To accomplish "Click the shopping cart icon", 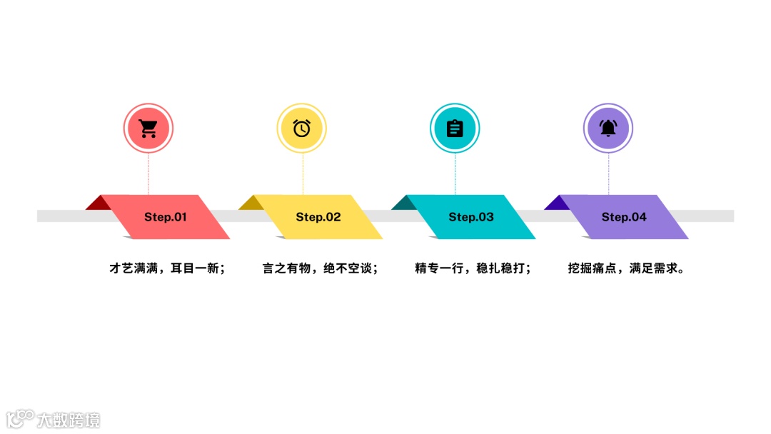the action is pos(148,128).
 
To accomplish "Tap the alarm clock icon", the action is pos(302,128).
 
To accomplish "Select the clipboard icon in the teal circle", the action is pos(455,128).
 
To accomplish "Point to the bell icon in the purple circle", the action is pos(608,128).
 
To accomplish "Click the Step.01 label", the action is pos(165,217).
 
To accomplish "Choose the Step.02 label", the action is pos(318,217).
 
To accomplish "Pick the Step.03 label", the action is pos(471,217).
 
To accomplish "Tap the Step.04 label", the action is pos(624,217).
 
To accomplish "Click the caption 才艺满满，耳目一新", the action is pos(167,269).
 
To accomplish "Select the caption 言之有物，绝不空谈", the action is pos(320,269).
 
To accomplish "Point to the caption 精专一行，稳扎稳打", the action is pos(473,269).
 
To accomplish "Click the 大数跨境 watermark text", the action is pos(69,420).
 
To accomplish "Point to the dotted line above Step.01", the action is pos(148,173).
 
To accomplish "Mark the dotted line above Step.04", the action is pos(608,173).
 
